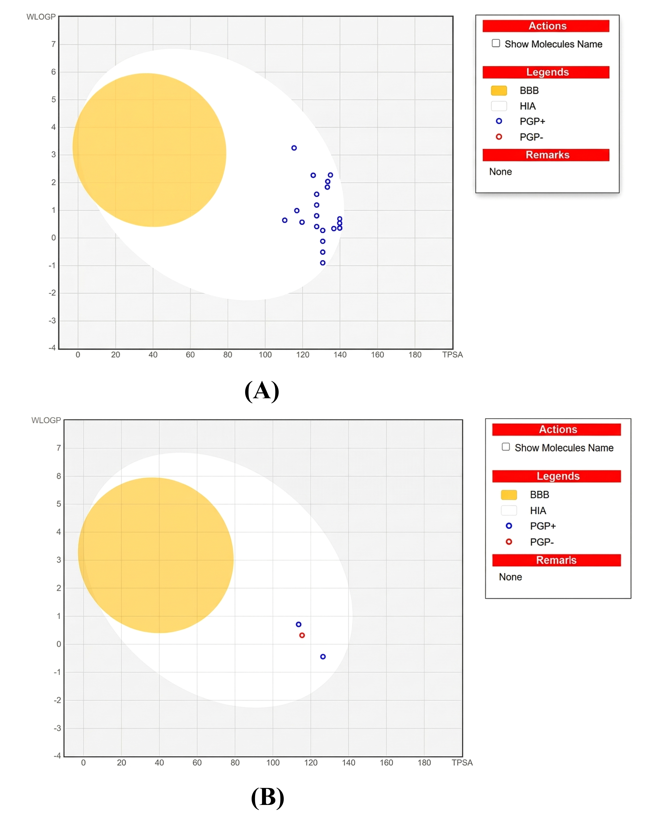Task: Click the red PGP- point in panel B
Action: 302,635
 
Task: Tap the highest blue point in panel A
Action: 294,148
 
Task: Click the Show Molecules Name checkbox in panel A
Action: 496,43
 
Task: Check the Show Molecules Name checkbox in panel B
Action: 506,447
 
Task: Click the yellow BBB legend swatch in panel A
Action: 499,90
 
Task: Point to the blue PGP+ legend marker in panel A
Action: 499,121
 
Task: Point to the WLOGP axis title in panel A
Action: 41,17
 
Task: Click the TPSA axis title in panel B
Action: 462,763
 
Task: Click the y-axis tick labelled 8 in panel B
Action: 59,476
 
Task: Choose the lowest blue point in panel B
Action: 323,657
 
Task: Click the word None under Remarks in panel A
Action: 500,172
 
